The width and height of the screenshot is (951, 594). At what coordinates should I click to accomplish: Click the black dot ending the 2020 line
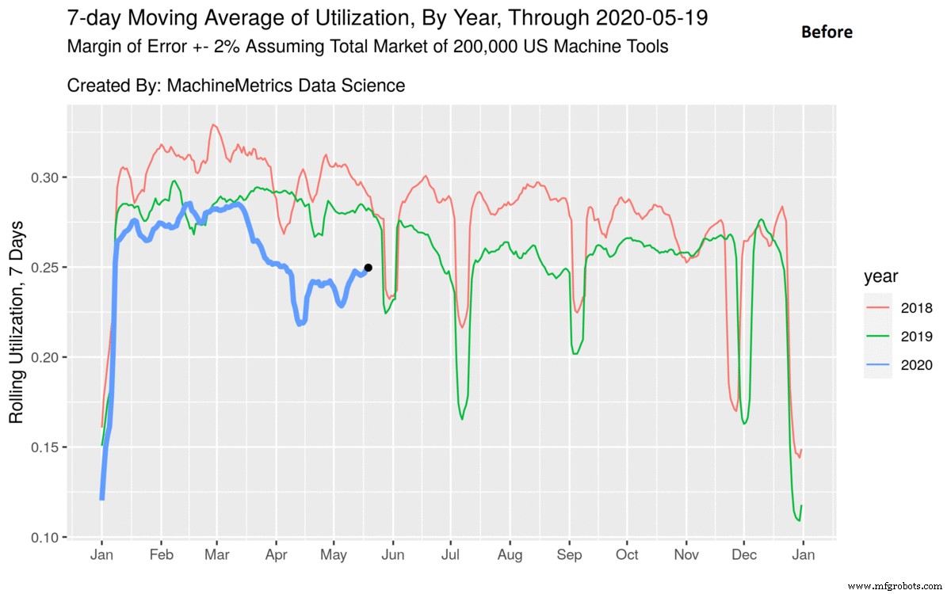pyautogui.click(x=368, y=268)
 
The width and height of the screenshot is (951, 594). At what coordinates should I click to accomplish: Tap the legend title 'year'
pyautogui.click(x=881, y=277)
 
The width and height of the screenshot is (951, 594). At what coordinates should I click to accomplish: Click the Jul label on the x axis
pyautogui.click(x=451, y=555)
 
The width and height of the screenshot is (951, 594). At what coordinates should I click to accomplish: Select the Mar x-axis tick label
pyautogui.click(x=217, y=555)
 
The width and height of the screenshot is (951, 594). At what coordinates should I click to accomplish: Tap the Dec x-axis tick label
pyautogui.click(x=744, y=555)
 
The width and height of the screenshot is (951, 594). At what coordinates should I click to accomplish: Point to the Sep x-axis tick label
pyautogui.click(x=569, y=555)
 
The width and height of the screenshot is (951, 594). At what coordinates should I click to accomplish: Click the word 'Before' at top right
pyautogui.click(x=827, y=32)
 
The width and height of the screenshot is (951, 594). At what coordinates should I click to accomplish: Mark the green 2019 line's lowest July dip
pyautogui.click(x=462, y=418)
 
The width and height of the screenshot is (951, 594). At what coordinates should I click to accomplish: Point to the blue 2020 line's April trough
pyautogui.click(x=300, y=323)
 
